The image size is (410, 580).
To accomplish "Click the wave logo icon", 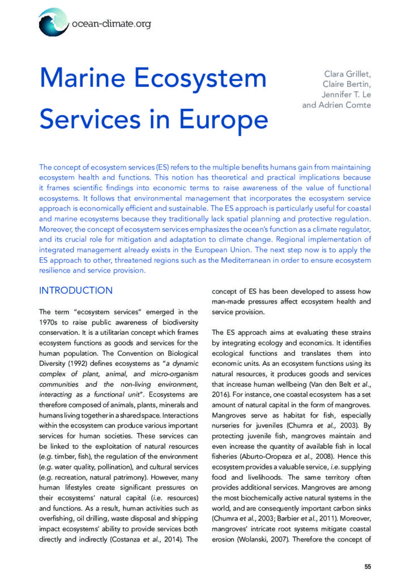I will click(53, 22).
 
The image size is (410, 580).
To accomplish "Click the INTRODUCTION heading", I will click(76, 291).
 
